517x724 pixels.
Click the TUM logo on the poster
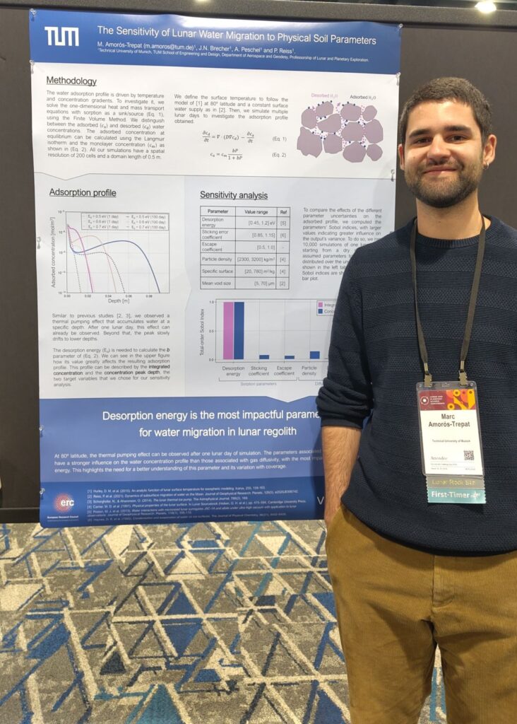(x=61, y=36)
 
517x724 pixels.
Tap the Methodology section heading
(x=71, y=81)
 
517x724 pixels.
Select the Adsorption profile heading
(x=83, y=192)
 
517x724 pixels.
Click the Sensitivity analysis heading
(x=234, y=194)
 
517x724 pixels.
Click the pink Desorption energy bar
(x=228, y=331)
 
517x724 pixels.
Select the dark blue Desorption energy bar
(x=239, y=331)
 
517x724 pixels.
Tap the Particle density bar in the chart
(x=314, y=355)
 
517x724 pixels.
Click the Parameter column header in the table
(x=218, y=211)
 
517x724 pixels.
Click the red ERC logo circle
(x=64, y=503)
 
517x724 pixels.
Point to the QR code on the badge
(x=468, y=455)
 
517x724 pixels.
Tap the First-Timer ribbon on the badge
(x=456, y=495)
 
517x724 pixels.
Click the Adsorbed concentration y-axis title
(x=54, y=252)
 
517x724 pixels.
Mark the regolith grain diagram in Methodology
(x=340, y=130)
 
